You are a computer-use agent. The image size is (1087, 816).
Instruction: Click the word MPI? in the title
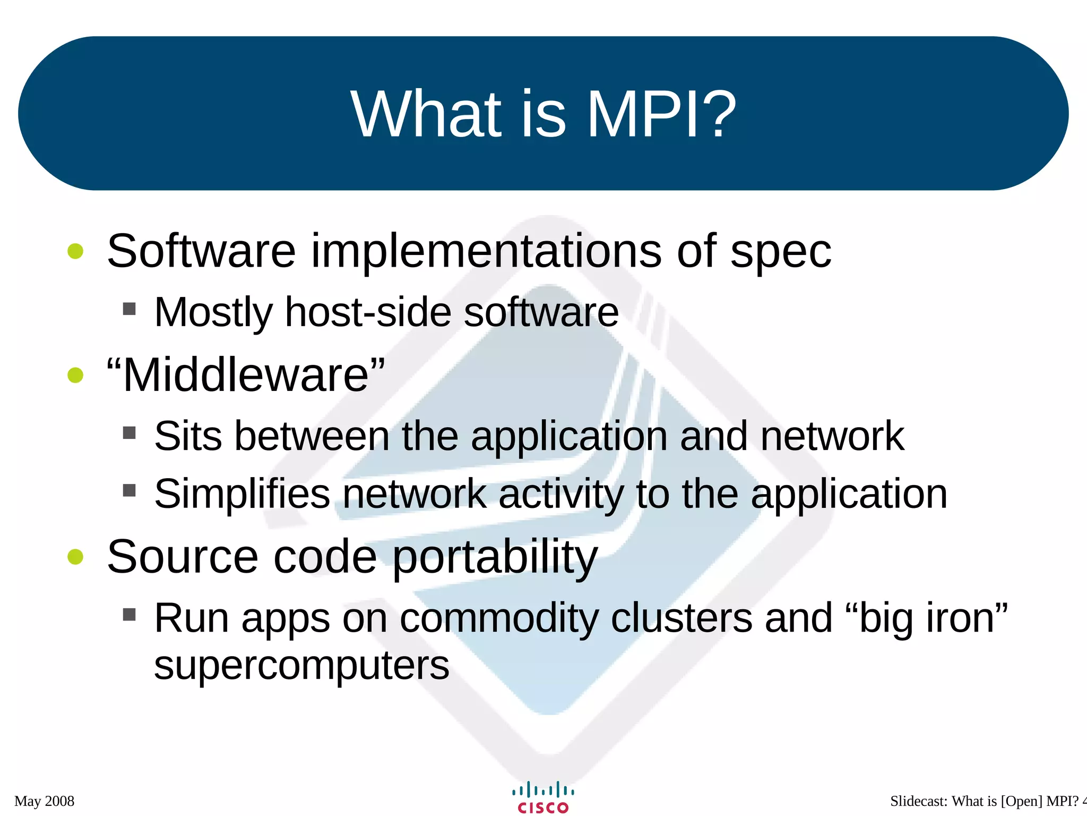pos(661,114)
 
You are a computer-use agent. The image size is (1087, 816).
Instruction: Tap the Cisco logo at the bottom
pos(543,797)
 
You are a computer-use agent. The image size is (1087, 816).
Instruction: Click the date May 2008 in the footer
pos(45,801)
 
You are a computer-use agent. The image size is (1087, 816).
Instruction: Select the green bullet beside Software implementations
pos(76,251)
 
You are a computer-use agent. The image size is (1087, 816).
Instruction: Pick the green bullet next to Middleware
pos(76,376)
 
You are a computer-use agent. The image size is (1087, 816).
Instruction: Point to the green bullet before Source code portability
pos(76,557)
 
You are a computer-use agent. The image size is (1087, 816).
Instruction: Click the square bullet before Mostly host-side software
pos(129,309)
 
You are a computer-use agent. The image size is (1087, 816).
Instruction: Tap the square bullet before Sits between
pos(129,432)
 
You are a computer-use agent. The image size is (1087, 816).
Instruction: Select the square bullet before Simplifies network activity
pos(129,490)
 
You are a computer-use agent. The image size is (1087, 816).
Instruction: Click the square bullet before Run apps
pos(129,614)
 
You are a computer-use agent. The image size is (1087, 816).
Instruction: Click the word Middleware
pos(246,376)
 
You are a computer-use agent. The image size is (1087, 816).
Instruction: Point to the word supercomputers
pos(301,666)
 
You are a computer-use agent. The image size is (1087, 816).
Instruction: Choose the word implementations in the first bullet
pos(486,251)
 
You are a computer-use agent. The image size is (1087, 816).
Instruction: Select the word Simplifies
pos(242,494)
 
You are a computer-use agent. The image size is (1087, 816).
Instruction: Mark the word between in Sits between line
pos(312,436)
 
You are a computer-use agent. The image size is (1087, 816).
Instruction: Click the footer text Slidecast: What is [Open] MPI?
pos(985,801)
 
